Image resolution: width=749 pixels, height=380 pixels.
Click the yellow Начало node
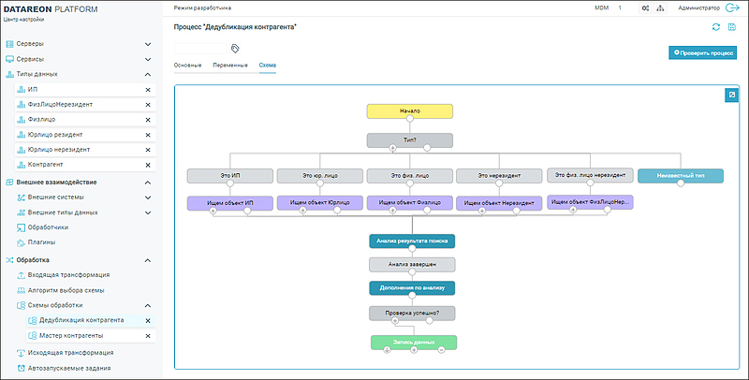410,110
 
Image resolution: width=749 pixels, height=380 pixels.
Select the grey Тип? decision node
410,140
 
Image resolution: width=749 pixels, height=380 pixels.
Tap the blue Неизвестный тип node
681,175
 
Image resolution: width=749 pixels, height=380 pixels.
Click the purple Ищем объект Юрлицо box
319,201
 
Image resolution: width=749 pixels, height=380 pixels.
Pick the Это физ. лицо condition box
409,175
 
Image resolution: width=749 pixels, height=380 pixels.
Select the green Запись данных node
413,343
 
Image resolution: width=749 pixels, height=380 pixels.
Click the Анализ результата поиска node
412,241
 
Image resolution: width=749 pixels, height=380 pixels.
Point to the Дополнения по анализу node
412,288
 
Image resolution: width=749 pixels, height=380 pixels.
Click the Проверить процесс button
702,53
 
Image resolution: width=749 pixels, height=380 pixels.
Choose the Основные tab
188,66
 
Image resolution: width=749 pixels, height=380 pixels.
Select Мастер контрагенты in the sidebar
71,335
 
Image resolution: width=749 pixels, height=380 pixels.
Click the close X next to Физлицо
148,120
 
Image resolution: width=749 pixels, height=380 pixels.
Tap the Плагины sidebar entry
42,242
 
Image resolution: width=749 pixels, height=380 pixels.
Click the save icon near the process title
731,27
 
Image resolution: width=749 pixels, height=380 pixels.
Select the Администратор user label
678,7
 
